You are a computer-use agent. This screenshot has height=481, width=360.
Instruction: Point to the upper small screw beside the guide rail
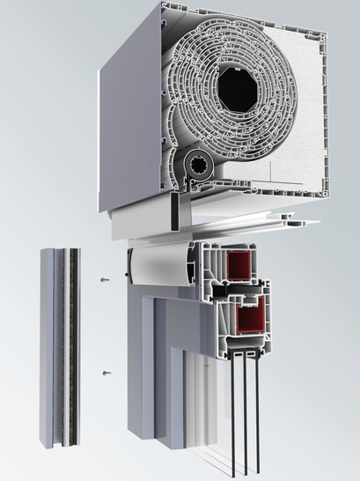[105, 280]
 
